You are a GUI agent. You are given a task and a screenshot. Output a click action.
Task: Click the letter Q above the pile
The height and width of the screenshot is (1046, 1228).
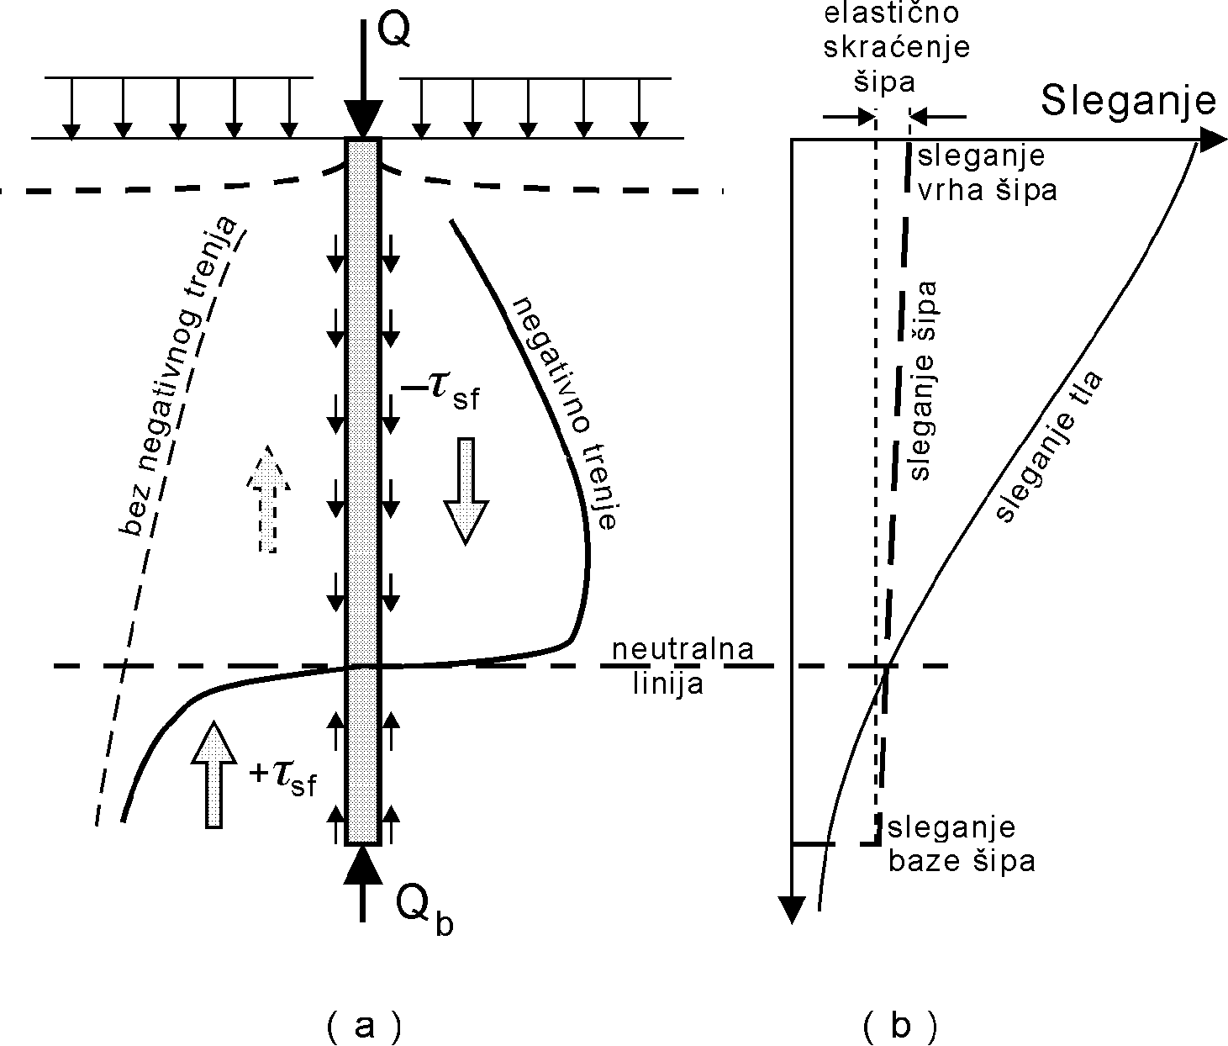(393, 30)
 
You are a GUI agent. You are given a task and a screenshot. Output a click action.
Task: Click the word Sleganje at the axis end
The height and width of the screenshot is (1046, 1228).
(1128, 101)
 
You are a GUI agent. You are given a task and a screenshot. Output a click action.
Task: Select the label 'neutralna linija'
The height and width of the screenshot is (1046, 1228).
(682, 666)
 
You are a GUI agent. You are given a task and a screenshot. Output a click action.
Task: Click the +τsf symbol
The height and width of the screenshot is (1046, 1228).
(283, 779)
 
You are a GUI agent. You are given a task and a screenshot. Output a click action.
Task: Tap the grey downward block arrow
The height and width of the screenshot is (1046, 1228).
(465, 489)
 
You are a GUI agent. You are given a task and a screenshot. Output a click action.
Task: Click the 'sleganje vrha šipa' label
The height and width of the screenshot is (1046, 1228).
(983, 173)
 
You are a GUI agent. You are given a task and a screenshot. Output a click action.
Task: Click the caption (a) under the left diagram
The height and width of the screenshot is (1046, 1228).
(363, 1025)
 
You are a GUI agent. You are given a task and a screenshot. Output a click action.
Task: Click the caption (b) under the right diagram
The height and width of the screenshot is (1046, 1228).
(899, 1025)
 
